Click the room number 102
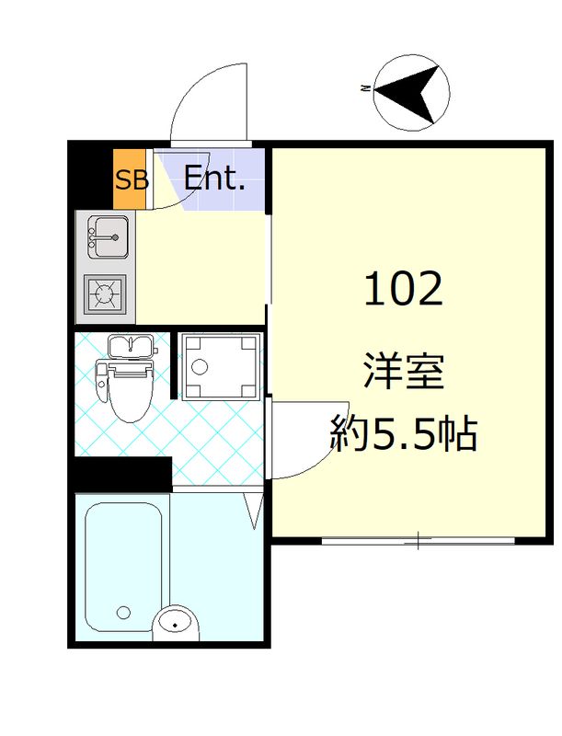tap(404, 291)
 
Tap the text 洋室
tap(404, 374)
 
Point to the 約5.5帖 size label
tap(404, 432)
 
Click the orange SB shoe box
tap(131, 178)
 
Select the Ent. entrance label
tap(214, 178)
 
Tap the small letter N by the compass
tap(365, 90)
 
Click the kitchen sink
tap(109, 237)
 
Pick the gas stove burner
tap(106, 294)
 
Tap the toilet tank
tap(130, 347)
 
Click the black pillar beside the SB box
tap(92, 175)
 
